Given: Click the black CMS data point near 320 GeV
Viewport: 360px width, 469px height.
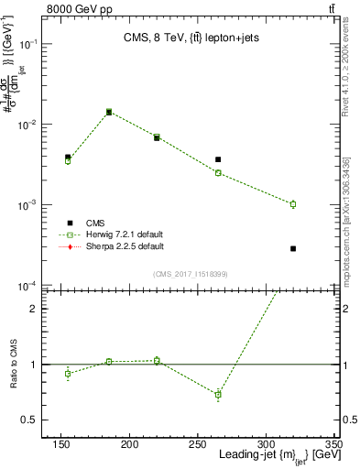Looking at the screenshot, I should coord(293,248).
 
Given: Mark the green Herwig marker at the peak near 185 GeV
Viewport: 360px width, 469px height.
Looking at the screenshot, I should coord(109,112).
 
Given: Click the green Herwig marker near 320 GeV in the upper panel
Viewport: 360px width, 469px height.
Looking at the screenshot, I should coord(293,204).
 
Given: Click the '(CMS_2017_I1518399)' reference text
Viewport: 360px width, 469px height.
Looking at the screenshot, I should coord(190,273).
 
